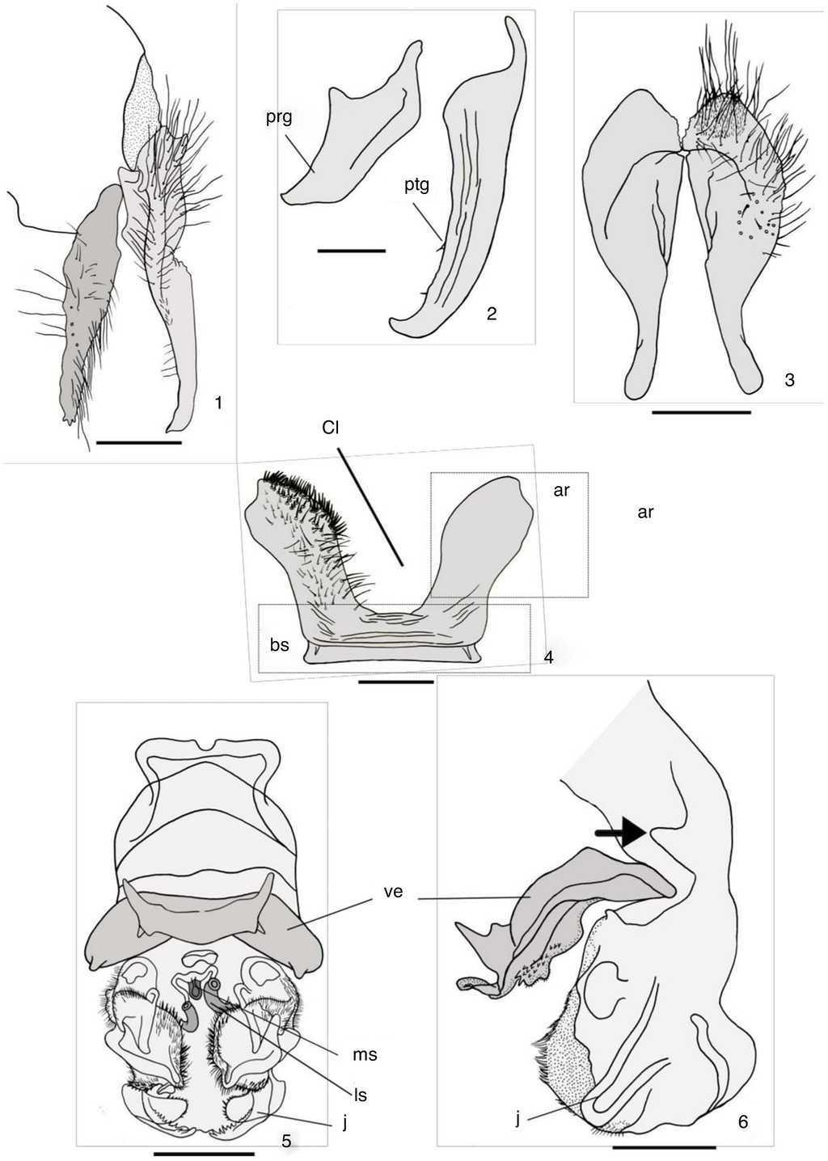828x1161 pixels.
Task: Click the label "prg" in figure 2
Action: click(x=279, y=119)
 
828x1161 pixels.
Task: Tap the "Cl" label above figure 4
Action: click(x=330, y=429)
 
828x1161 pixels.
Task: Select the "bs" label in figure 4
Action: click(x=280, y=646)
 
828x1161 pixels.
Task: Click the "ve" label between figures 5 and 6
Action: click(x=394, y=892)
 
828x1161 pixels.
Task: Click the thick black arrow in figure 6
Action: click(x=620, y=833)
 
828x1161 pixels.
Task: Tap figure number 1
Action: click(x=218, y=403)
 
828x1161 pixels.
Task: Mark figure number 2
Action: click(x=492, y=314)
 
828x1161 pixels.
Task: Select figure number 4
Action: click(x=548, y=657)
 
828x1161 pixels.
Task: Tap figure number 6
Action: click(x=743, y=1117)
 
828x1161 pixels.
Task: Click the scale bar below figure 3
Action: click(x=701, y=412)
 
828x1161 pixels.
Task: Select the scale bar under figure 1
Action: click(x=139, y=442)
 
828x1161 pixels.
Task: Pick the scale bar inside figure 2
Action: click(x=352, y=251)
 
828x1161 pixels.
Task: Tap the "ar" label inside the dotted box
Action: click(x=562, y=490)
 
